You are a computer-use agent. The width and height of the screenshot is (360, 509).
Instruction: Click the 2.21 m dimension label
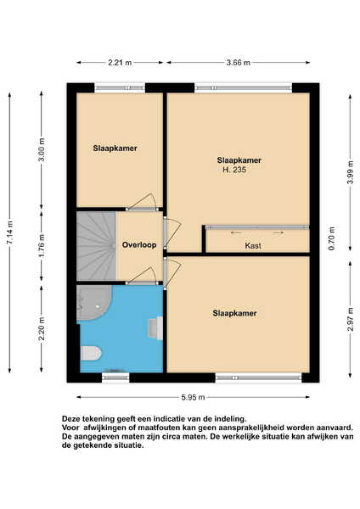[120, 63]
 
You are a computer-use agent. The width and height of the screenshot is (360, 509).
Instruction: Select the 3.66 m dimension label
[239, 63]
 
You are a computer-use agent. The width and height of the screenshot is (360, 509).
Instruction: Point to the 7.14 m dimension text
[10, 232]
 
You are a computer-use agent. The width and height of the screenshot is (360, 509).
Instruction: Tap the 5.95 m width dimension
[193, 397]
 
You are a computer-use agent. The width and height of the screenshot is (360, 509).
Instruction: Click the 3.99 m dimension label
[351, 172]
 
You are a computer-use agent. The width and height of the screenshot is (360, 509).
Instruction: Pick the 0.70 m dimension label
[332, 238]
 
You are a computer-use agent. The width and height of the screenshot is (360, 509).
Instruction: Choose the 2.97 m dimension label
[351, 320]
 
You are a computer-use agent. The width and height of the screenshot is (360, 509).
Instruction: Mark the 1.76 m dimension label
[42, 246]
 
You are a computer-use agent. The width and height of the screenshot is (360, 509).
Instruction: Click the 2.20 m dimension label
[42, 329]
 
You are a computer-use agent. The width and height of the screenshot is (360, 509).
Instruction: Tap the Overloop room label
[139, 245]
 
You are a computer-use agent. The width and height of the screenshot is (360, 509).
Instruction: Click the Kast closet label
[253, 246]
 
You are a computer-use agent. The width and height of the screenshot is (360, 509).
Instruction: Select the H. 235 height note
[234, 170]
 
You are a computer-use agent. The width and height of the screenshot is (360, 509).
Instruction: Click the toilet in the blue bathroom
[91, 353]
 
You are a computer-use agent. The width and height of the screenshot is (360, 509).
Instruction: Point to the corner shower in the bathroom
[93, 303]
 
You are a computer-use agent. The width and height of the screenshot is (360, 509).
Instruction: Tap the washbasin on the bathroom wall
[155, 328]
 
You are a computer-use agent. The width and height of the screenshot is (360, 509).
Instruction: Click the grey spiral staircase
[96, 246]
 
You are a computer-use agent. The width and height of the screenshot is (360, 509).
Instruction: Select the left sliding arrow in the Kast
[237, 232]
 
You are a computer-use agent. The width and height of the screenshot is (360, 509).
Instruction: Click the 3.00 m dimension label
[42, 149]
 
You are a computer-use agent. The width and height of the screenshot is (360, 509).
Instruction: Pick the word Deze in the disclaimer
[70, 418]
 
